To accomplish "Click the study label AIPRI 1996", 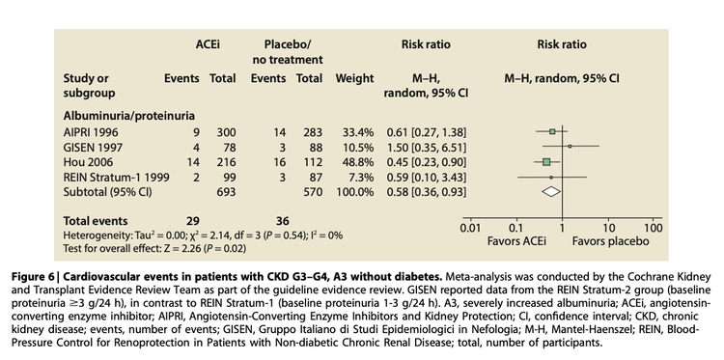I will pyautogui.click(x=93, y=130).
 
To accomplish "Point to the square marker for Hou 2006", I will pyautogui.click(x=546, y=161).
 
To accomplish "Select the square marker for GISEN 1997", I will pyautogui.click(x=571, y=146).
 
